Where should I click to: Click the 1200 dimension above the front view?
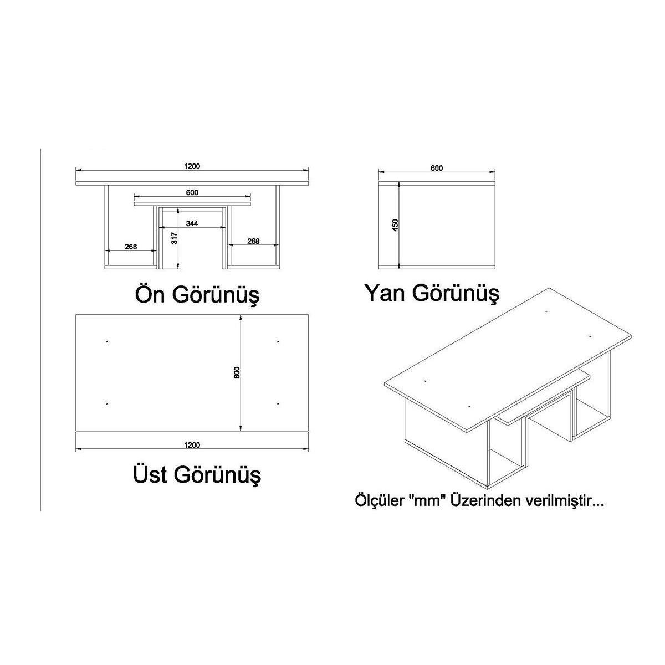coord(192,166)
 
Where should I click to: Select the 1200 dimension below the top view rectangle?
coord(192,445)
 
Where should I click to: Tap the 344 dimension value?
coord(192,223)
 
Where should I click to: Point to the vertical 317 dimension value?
coord(175,238)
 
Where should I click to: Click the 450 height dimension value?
coord(396,225)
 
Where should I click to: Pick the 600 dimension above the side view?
coord(437,168)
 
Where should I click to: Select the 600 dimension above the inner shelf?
coord(192,192)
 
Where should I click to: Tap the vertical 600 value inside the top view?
coord(237,372)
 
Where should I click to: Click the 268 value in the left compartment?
coord(131,247)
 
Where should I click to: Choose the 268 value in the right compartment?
coord(253,241)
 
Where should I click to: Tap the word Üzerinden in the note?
coord(484,500)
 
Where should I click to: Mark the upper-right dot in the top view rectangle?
coord(278,342)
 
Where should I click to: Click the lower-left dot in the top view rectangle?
coord(106,403)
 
